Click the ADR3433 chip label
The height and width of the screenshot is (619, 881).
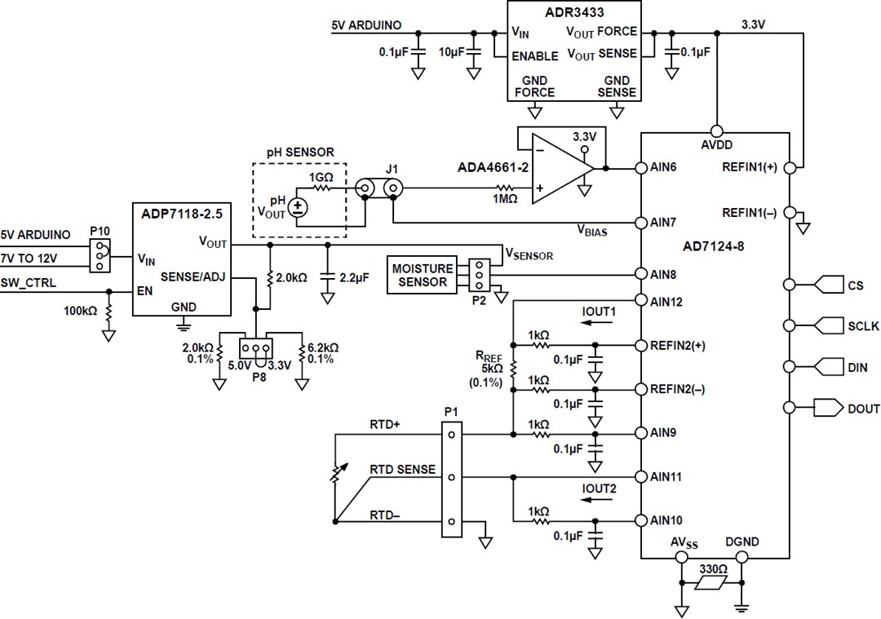tap(573, 11)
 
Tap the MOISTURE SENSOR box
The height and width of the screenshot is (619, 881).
tap(422, 275)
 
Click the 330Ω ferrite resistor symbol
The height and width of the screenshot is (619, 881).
tap(709, 582)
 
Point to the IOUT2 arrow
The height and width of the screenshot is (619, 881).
tap(598, 500)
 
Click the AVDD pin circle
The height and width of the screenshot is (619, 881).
tap(715, 131)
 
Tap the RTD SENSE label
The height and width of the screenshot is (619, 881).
tap(402, 471)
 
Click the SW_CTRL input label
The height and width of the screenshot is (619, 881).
tap(29, 285)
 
